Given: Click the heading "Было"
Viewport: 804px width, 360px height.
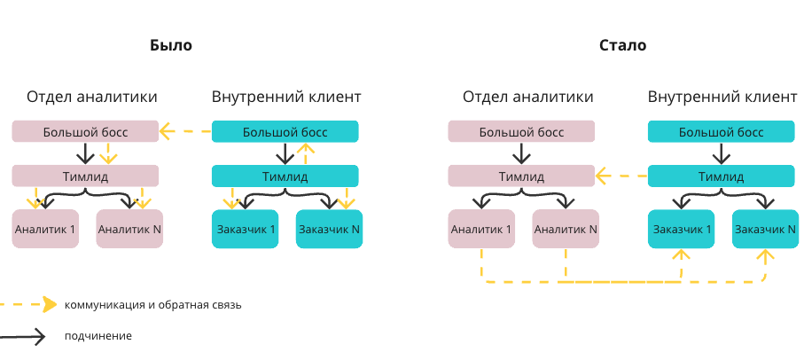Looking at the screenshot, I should pos(170,45).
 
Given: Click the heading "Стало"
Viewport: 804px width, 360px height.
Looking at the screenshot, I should pos(622,45).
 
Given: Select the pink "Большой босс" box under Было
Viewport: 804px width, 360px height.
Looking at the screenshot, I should pos(85,132).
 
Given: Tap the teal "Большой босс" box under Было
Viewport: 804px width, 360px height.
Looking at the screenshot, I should pos(285,132).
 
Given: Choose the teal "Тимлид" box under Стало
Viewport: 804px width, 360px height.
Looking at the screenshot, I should pos(721,176).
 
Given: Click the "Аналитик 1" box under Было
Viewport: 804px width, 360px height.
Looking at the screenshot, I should pos(45,230).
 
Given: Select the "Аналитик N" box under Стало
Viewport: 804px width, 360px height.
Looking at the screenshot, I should pos(566,230).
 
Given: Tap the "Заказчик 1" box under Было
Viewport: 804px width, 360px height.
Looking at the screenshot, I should pos(245,230).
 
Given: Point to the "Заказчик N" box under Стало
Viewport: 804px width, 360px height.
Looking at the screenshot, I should pos(765,230).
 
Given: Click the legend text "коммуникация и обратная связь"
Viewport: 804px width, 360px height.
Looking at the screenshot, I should pos(152,305).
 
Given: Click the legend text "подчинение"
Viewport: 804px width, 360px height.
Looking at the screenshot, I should pos(98,336).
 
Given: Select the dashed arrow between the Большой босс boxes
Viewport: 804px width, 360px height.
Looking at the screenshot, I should pos(185,133).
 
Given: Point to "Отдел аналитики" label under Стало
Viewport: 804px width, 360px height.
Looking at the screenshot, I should pos(527,97).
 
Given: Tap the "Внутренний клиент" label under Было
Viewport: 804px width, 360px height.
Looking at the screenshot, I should pos(286,97).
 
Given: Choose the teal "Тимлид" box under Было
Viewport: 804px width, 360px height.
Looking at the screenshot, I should pos(285,176).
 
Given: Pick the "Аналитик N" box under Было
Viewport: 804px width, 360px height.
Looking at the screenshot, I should pos(129,230).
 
